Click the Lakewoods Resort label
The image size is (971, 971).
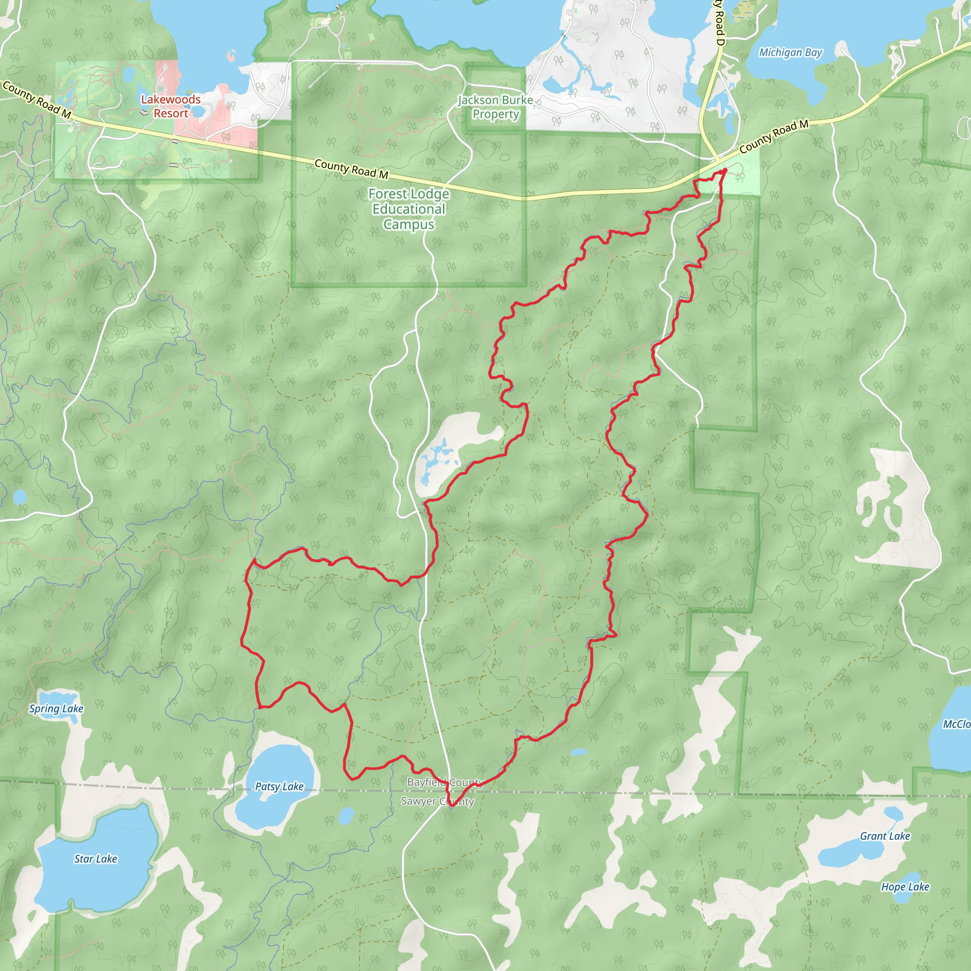pos(170,107)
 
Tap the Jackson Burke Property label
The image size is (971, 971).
pos(495,107)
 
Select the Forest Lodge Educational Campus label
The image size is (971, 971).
pos(409,209)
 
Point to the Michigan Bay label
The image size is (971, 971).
pos(790,52)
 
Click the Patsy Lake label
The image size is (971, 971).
pos(279,786)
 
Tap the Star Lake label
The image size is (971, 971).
pos(95,859)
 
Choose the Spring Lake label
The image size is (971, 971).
pos(56,708)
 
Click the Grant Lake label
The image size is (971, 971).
pos(885,836)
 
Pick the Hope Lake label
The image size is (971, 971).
pos(905,887)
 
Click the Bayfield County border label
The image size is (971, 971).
pos(445,782)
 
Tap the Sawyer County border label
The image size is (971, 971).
pos(437,801)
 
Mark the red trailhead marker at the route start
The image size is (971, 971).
pos(723,172)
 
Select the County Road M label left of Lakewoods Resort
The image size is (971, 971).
pos(37,100)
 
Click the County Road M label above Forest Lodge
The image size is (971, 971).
pos(351,169)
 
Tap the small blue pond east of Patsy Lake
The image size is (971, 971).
pos(346,815)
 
